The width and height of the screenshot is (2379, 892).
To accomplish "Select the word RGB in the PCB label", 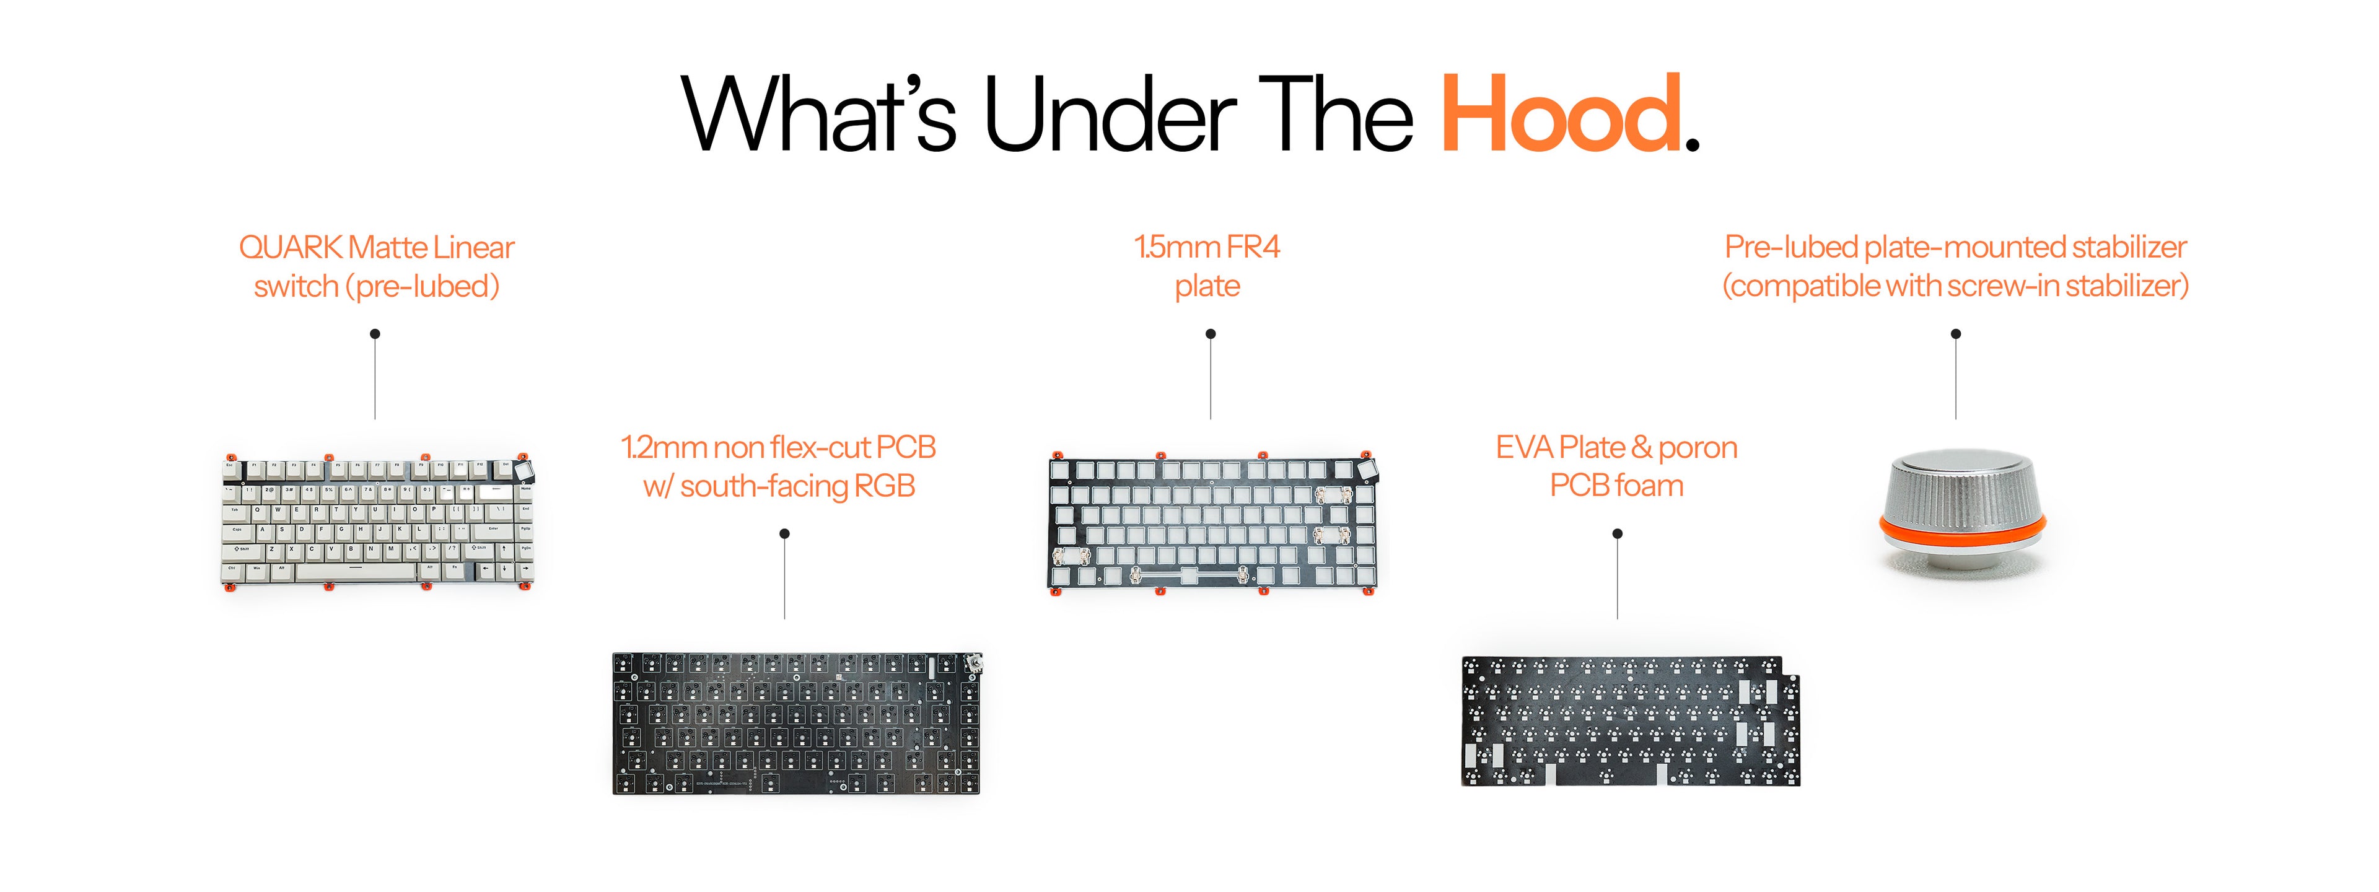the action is [x=884, y=486].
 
